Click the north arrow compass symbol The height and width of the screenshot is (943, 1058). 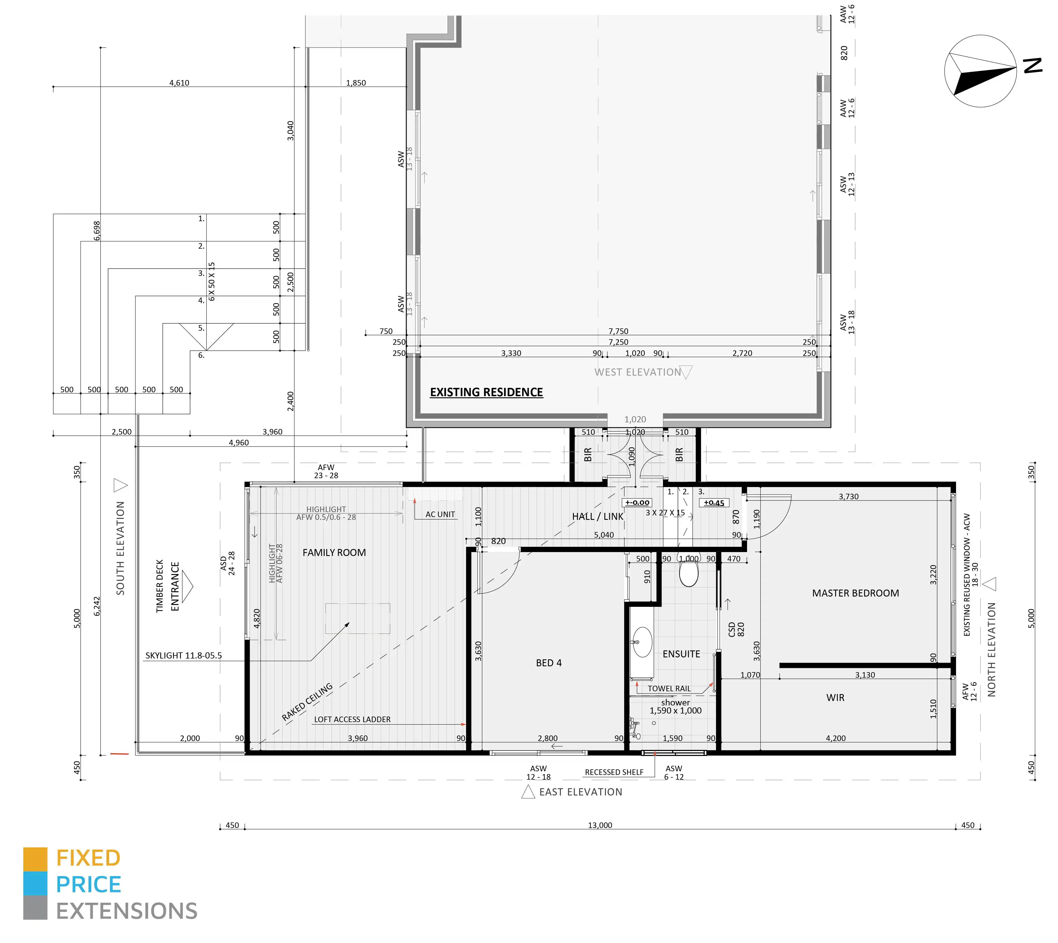(980, 71)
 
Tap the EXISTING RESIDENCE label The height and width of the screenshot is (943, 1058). (486, 392)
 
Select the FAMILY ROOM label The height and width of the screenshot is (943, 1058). (334, 553)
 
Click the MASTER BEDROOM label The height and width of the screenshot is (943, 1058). (855, 593)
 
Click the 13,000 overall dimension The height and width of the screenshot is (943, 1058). (600, 825)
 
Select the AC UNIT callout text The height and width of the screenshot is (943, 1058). (440, 515)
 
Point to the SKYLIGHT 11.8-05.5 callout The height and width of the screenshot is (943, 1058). (183, 655)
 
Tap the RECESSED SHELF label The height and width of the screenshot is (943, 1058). (614, 772)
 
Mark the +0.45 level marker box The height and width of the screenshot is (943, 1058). (714, 503)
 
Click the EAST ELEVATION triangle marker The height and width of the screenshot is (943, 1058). (528, 792)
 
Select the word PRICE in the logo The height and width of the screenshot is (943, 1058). (89, 884)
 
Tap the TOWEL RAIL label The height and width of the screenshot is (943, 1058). (669, 688)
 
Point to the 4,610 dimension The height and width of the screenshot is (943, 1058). (179, 83)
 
